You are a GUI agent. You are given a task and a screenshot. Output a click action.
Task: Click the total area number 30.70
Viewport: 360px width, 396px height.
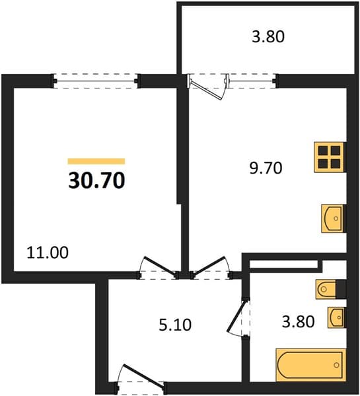(x=96, y=180)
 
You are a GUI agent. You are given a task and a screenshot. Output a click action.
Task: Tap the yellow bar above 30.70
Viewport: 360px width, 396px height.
(x=96, y=162)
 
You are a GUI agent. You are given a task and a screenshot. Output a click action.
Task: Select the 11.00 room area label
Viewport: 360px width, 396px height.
(x=48, y=253)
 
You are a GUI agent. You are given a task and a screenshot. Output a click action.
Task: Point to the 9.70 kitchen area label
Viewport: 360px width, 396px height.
(x=266, y=168)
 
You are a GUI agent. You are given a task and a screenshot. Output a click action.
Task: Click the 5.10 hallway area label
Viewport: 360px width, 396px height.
(x=175, y=325)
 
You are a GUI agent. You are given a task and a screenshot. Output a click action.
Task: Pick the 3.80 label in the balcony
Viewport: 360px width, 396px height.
(x=268, y=36)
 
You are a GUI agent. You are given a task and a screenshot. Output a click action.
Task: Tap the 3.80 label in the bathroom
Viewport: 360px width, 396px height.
(x=299, y=321)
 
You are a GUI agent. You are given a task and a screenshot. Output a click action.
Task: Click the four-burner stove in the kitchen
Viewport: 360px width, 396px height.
(x=329, y=157)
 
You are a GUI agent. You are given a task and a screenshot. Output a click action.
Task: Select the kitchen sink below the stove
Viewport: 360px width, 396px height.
(x=332, y=218)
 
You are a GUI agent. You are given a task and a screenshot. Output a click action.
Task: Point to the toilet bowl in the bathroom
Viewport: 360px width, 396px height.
(x=326, y=288)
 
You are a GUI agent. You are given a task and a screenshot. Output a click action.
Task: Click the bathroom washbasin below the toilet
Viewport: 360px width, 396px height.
(x=336, y=317)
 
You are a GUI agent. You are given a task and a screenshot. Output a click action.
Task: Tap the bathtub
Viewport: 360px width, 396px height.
(x=310, y=365)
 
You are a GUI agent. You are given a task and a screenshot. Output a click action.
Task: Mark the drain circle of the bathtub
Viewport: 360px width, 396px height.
(x=336, y=365)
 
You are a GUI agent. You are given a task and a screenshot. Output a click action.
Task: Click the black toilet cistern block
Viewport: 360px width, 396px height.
(x=341, y=288)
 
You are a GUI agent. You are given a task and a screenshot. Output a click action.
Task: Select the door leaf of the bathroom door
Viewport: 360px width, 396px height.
(x=236, y=315)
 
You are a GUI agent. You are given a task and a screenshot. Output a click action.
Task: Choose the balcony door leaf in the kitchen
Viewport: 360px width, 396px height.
(x=206, y=89)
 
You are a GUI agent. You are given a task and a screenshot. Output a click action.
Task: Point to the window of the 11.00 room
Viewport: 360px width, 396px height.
(x=96, y=81)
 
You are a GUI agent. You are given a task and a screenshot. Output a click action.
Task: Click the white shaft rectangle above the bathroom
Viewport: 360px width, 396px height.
(x=283, y=264)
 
